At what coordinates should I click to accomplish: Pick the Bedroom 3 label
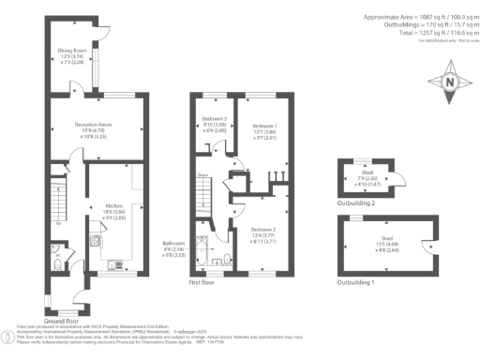(x=215, y=118)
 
